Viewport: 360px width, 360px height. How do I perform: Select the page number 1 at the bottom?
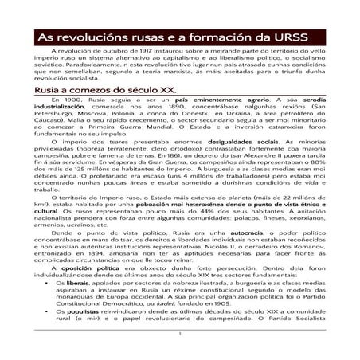click(180, 356)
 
